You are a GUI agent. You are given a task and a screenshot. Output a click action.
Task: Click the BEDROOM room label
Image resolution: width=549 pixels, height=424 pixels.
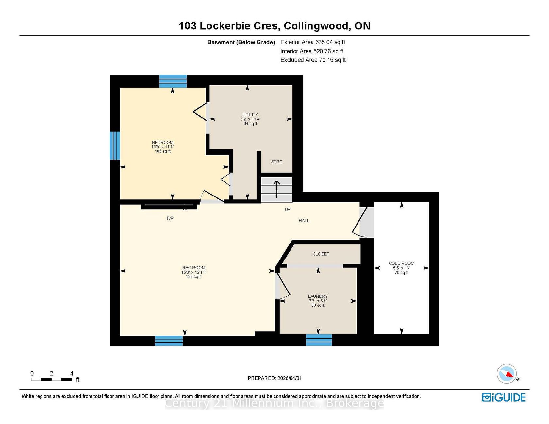[162, 142]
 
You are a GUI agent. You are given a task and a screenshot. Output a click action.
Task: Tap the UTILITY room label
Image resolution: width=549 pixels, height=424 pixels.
[250, 115]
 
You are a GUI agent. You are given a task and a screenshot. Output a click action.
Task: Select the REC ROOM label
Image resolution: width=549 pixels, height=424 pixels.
[194, 268]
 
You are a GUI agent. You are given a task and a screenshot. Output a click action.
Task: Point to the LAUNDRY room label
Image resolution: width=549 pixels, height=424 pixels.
[318, 296]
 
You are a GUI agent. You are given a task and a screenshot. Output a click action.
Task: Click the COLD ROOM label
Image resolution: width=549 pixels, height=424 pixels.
[402, 263]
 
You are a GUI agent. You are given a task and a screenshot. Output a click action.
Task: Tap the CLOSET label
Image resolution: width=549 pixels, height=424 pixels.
[321, 254]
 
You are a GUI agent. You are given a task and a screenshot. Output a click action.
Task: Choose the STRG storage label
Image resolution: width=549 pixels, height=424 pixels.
[277, 162]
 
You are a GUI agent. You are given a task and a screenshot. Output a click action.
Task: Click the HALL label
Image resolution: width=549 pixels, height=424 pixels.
[304, 221]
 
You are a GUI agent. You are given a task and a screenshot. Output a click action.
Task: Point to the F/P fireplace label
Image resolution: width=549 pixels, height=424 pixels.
[170, 218]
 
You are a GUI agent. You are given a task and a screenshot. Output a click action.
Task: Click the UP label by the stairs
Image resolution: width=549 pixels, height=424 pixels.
[288, 209]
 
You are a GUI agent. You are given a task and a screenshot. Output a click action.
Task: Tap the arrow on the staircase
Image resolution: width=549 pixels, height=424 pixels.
[277, 189]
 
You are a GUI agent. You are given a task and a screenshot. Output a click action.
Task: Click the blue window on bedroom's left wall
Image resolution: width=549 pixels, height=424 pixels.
[115, 146]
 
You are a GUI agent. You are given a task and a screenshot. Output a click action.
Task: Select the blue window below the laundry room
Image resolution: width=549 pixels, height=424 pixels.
[319, 340]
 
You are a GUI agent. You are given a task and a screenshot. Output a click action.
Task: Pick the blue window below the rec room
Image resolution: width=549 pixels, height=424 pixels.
[169, 340]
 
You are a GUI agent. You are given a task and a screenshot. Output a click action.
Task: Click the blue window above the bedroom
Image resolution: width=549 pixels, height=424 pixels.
[173, 82]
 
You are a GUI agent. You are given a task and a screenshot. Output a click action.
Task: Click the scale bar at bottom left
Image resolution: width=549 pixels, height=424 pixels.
[52, 379]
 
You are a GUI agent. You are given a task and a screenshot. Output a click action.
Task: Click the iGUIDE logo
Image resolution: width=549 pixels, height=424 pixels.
[504, 398]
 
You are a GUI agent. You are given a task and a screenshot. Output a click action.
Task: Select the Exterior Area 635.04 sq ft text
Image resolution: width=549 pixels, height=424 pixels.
[313, 42]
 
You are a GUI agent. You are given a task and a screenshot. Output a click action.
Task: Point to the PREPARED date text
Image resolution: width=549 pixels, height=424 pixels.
[275, 378]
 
